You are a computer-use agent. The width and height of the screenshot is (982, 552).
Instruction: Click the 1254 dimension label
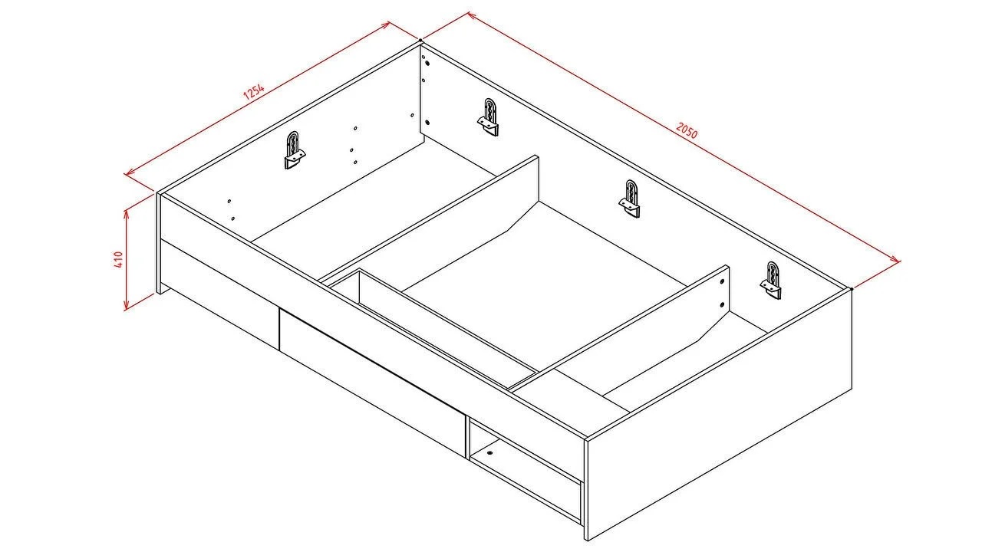tap(254, 91)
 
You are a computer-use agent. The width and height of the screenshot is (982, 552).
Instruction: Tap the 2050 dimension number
tap(687, 130)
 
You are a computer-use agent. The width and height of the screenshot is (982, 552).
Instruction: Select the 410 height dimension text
tap(118, 259)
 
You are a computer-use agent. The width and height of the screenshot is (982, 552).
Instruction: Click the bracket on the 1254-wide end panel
tap(294, 149)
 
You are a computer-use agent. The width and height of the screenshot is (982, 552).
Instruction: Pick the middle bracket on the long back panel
tap(630, 199)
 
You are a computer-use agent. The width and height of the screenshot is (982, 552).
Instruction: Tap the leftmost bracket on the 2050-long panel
tap(489, 117)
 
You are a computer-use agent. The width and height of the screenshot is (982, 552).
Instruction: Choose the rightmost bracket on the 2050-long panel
tap(771, 281)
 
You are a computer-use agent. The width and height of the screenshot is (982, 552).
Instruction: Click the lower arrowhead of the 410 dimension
tap(127, 306)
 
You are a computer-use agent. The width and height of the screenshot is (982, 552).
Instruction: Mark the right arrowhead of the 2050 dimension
tap(896, 259)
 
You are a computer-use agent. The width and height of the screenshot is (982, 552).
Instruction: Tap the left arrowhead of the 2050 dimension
tap(472, 15)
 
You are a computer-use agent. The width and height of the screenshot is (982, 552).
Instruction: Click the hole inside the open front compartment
tap(489, 452)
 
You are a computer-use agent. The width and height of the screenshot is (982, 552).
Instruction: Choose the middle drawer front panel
tap(372, 383)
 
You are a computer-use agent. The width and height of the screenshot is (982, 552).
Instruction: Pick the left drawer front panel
tap(219, 294)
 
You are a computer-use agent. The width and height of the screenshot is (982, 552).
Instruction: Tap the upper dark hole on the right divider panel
tap(722, 283)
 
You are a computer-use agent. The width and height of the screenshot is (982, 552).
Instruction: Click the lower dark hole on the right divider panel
tap(722, 304)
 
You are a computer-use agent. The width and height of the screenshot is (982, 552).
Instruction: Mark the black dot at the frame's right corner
tap(852, 289)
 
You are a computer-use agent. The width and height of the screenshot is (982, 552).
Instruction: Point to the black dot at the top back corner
tap(420, 41)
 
